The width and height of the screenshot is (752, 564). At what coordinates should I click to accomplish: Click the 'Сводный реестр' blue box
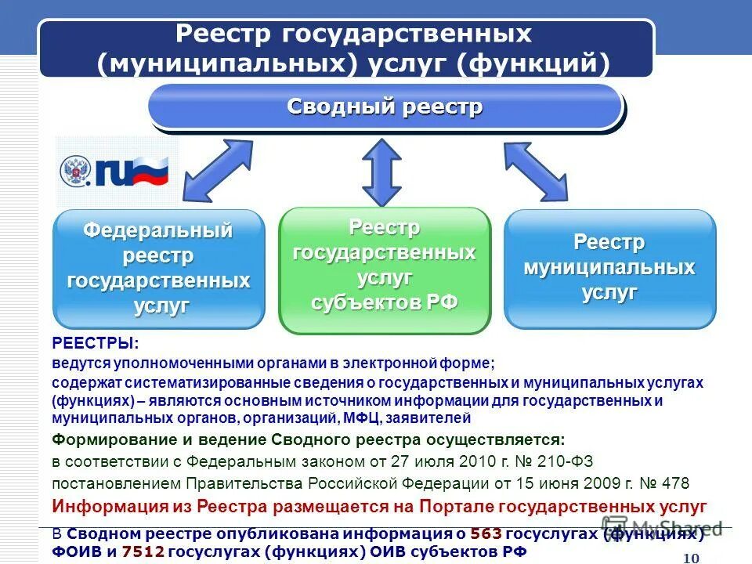pos(385,107)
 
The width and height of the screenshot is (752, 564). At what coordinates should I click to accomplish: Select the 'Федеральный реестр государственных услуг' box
pos(158,269)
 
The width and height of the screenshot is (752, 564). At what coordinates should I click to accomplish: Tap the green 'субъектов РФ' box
pos(385,269)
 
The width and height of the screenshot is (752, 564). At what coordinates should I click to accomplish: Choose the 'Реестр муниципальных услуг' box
pos(609,268)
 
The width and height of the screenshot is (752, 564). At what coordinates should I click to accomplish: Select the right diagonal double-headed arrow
pos(536,171)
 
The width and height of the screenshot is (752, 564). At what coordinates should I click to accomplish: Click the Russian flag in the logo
pos(150,170)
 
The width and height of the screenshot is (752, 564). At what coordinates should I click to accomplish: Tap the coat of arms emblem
pos(76,172)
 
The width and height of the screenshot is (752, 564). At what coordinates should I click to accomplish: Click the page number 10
pos(691,557)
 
